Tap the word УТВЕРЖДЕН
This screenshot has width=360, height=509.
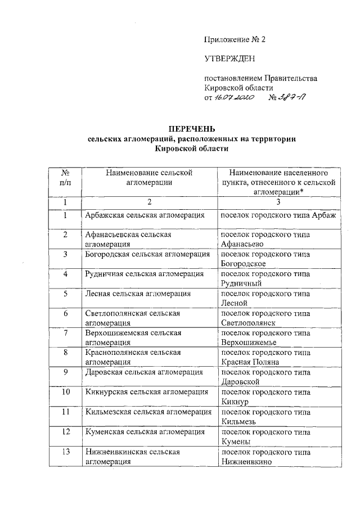(229, 58)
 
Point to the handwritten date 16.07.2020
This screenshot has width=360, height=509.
(235, 97)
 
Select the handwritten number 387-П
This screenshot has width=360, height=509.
(291, 97)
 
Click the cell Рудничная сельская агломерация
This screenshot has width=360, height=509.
(145, 274)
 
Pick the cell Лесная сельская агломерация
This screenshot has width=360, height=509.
(138, 294)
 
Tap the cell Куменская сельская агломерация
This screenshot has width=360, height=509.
(145, 431)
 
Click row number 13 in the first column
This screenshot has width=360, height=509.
(66, 452)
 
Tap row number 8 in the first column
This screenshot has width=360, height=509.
(66, 353)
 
